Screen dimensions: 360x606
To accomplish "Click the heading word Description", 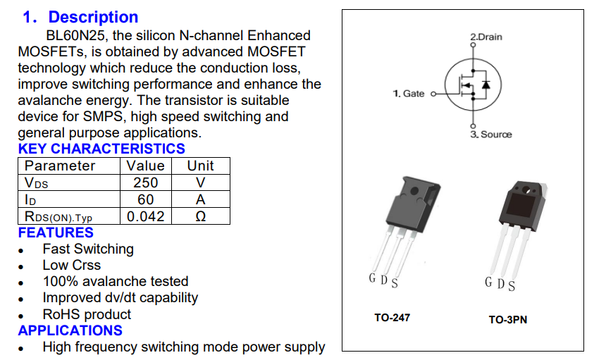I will coord(93,17).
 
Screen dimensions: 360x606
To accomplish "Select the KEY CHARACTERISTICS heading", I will coord(101,149).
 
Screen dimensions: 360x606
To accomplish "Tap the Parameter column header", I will coord(60,166).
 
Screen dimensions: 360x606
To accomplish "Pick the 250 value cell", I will coord(146,182).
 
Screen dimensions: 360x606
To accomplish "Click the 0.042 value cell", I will coord(146,216).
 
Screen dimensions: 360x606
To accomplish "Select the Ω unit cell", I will coord(200,216).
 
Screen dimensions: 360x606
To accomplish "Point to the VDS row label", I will coord(37,183).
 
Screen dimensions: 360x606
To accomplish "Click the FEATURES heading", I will coord(56,232).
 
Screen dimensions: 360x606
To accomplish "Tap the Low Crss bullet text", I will coord(71,265).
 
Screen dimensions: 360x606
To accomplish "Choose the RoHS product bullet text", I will coord(87,314).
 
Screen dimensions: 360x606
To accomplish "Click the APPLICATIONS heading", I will coord(70,330).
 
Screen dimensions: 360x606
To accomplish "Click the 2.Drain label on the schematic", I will coord(486,37).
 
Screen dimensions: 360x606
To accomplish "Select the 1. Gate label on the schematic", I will coord(409,94).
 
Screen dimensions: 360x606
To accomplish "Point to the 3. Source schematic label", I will coord(491,135).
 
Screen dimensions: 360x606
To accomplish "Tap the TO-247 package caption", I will coord(392,318).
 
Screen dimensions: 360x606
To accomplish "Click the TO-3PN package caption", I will coord(507,320).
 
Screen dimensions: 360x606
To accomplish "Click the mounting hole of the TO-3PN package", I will coord(526,188).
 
